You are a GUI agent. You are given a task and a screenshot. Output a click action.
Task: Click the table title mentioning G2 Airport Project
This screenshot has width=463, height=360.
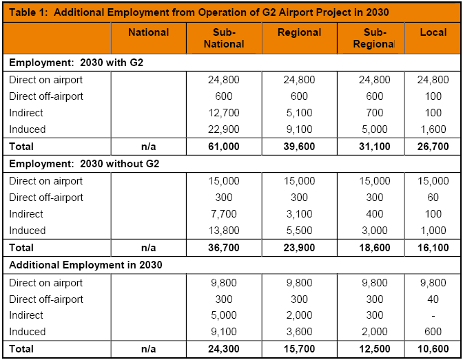[x=200, y=12]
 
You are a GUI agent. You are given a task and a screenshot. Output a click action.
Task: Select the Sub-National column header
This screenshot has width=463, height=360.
[x=224, y=38]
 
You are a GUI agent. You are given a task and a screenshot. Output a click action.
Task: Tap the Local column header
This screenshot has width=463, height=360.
[x=433, y=32]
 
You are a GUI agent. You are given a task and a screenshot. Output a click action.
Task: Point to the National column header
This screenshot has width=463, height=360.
[x=148, y=32]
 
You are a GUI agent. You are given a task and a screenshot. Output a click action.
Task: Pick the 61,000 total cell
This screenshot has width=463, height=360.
[x=224, y=146]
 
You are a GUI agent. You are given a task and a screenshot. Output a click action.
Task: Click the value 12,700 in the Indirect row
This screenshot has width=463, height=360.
[x=224, y=113]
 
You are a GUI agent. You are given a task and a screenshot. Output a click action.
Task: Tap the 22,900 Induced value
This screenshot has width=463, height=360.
[x=224, y=129]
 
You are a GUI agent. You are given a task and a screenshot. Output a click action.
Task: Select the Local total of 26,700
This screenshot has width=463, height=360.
[x=433, y=146]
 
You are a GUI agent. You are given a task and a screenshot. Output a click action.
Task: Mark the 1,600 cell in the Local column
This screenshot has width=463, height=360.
[x=433, y=129]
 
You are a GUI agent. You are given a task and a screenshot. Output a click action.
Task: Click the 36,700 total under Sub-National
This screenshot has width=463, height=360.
[x=224, y=247]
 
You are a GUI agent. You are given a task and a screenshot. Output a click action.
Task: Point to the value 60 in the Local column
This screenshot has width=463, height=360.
[x=433, y=198]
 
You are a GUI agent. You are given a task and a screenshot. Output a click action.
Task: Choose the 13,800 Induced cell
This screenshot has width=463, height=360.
[x=224, y=231]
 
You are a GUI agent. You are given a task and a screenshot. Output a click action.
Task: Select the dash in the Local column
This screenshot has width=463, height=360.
[x=433, y=315]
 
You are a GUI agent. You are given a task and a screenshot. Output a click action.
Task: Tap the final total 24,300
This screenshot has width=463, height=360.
[x=224, y=349]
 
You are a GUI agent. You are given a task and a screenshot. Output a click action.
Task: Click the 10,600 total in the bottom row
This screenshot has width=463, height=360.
[x=433, y=349]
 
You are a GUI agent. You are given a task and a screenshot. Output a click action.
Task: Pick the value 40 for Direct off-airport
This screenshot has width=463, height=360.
[x=433, y=299]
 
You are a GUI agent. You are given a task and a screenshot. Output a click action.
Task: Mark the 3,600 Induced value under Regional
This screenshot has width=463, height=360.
[x=299, y=332]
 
